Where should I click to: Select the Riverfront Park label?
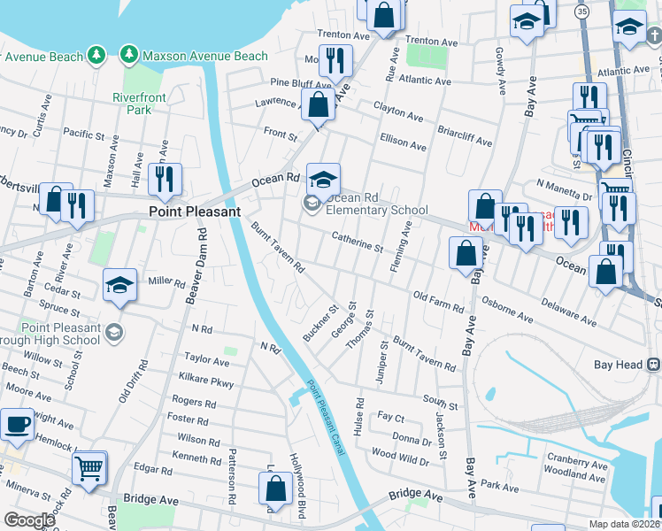[x=132, y=104]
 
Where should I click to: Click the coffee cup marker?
[x=18, y=423]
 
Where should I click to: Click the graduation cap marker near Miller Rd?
[x=119, y=284]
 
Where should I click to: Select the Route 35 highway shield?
[x=581, y=12]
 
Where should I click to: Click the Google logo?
[x=29, y=520]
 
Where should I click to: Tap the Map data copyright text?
[x=625, y=525]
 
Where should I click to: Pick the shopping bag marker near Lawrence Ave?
[x=318, y=104]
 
